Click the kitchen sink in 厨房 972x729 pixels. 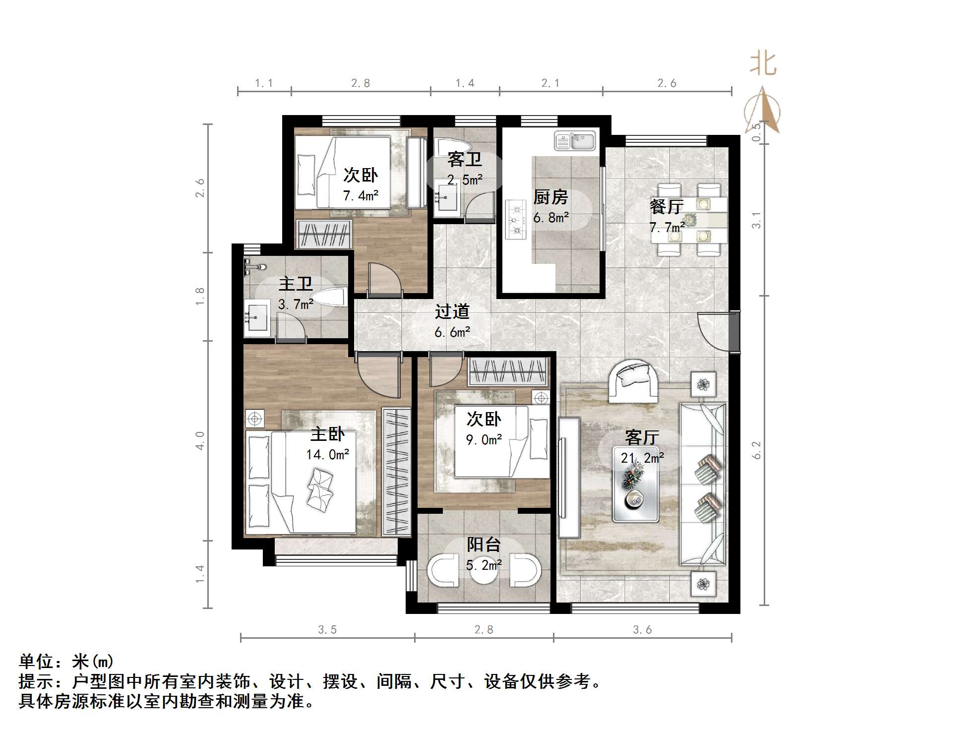(575, 141)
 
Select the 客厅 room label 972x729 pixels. (642, 437)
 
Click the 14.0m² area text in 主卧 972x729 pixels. (327, 454)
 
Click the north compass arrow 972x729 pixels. (763, 110)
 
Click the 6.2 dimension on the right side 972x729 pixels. (756, 450)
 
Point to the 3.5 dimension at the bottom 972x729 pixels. (327, 630)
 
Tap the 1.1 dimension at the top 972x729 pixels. (264, 83)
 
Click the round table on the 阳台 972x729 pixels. (483, 570)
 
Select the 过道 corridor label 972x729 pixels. (452, 311)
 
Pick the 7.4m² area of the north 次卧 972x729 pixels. (361, 195)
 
